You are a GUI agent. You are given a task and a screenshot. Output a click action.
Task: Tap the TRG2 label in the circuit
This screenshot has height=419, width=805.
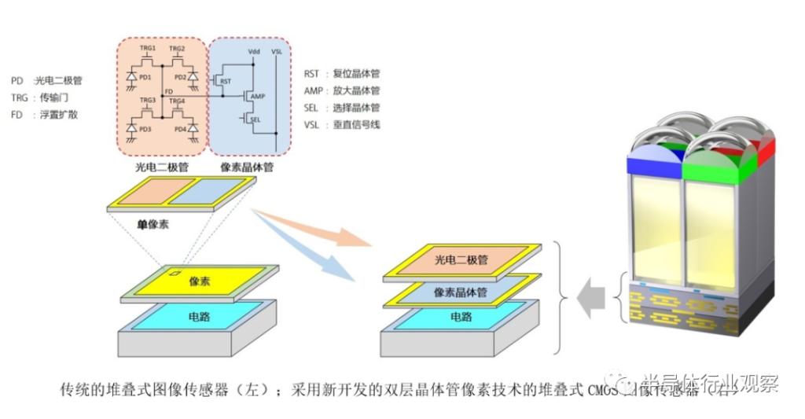[x=178, y=50]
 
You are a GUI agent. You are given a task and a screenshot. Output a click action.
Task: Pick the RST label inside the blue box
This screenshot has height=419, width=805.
[x=226, y=81]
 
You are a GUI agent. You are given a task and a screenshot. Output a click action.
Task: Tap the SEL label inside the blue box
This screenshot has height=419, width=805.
[x=256, y=120]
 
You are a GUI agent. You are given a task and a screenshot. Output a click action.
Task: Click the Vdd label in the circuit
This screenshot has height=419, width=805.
[x=253, y=51]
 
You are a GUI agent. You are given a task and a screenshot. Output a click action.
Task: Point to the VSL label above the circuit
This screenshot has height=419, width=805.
[x=277, y=51]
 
